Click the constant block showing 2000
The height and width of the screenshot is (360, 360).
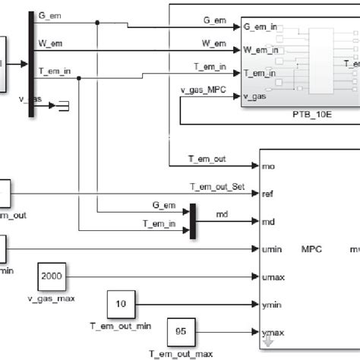click(x=52, y=276)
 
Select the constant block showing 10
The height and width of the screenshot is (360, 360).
click(x=121, y=303)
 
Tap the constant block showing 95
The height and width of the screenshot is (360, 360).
click(x=181, y=331)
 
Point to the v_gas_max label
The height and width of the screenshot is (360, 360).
click(x=52, y=298)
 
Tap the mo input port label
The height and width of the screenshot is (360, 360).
click(x=267, y=165)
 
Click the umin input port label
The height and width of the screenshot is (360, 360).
click(x=270, y=248)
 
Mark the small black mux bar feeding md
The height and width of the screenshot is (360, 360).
click(x=194, y=220)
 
